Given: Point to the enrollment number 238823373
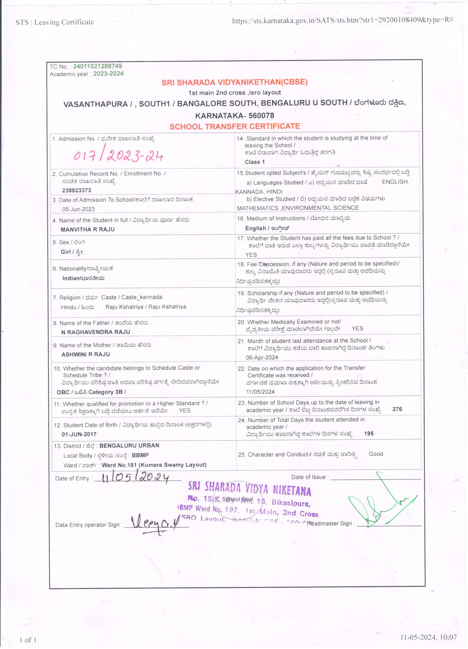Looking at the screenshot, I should coord(76,190).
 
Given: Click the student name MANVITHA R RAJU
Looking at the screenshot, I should coord(87,229).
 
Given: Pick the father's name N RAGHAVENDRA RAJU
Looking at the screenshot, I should coord(95,332).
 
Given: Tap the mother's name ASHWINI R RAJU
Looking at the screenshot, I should coord(85,354).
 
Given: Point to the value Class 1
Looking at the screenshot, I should coord(255,162).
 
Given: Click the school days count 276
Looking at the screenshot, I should coord(397,409).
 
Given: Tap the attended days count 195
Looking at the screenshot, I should coord(369,434).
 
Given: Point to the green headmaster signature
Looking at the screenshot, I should coord(381,504).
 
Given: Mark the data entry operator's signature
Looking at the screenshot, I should coord(155,524).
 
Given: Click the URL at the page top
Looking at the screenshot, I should coord(342,20).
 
